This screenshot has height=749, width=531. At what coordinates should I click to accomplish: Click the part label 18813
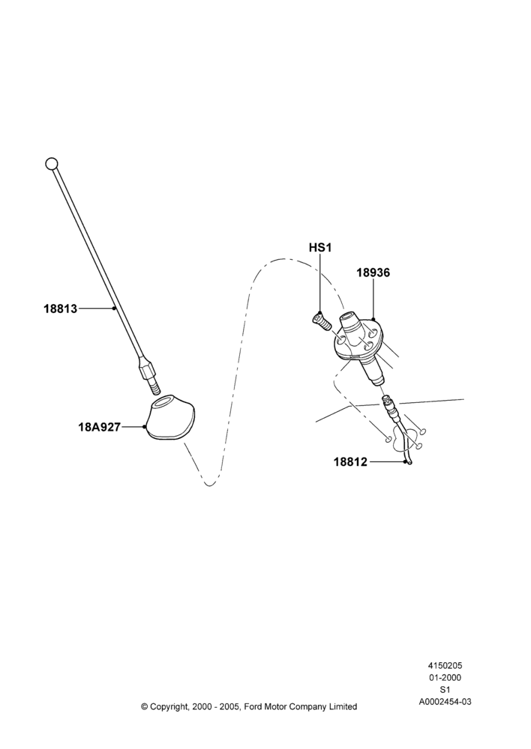point(60,309)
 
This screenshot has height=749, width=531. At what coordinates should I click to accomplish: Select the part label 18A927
point(100,427)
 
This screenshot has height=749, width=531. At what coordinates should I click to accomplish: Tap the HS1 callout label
point(320,247)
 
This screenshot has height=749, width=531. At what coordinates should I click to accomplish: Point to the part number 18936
point(373,273)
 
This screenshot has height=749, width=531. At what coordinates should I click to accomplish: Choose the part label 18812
point(351,462)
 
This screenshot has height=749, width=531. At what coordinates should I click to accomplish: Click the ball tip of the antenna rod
point(51,164)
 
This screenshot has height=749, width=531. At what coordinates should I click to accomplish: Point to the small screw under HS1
point(322,320)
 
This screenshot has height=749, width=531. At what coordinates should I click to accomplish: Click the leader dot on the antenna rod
point(114,309)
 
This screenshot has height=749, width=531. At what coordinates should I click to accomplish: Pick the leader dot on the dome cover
point(145,427)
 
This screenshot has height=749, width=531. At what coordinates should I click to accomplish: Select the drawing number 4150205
point(445,665)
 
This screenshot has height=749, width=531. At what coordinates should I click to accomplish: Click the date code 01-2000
point(445,677)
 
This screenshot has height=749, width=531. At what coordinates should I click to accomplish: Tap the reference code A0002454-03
point(445,702)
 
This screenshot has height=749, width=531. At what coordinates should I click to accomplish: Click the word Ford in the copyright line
point(253,706)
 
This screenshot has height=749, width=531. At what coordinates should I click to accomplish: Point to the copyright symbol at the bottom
point(144,706)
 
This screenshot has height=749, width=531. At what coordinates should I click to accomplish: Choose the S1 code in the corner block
point(445,689)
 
